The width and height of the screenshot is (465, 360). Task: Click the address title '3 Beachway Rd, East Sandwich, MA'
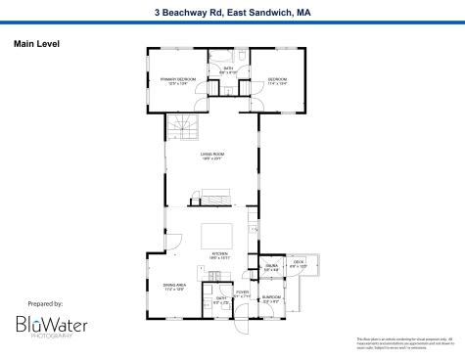pos(232,13)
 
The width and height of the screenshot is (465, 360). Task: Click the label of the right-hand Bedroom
pos(277,80)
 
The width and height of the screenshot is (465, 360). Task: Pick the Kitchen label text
pos(220,256)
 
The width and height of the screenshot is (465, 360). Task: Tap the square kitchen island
pos(216,236)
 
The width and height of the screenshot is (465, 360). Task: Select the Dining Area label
pos(173,287)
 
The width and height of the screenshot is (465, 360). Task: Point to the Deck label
pos(300,264)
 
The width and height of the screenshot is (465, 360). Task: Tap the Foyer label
pos(242,294)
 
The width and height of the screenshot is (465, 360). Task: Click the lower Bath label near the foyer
pos(221,300)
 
